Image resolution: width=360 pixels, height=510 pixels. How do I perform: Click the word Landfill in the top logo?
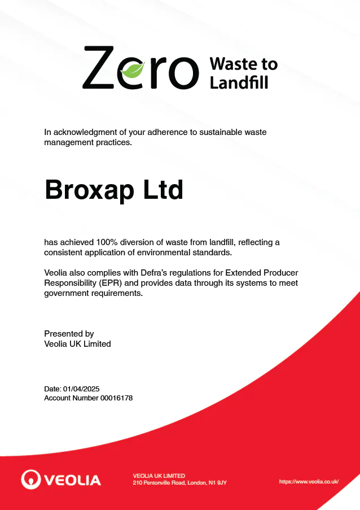click(239, 83)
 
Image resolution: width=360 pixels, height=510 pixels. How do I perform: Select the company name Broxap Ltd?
click(114, 190)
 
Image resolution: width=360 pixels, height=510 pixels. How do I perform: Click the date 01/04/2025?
click(81, 389)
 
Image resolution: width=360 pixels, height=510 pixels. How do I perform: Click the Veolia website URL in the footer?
click(309, 481)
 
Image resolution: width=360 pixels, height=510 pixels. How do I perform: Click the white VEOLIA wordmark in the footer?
click(72, 481)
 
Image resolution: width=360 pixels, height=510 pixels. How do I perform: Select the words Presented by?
click(69, 334)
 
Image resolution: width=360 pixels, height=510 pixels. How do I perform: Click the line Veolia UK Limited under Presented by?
click(77, 343)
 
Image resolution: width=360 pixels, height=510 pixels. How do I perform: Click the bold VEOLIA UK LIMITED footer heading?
click(159, 476)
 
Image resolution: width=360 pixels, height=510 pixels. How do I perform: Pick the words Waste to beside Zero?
click(243, 63)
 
